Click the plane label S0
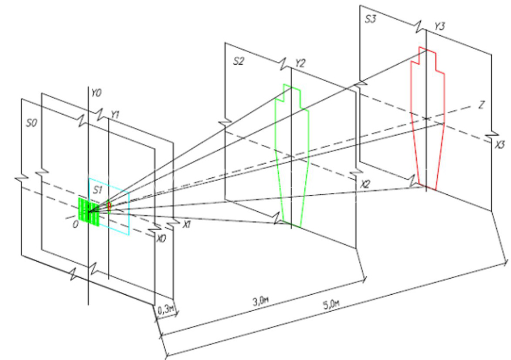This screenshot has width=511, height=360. (32, 123)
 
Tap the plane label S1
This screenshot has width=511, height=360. (98, 190)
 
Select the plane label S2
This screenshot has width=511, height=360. (238, 61)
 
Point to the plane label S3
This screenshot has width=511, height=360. (371, 19)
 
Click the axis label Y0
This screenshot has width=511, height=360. (96, 94)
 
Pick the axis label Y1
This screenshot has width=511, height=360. (115, 114)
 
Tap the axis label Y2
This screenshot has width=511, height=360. (300, 63)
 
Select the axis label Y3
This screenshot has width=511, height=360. (439, 27)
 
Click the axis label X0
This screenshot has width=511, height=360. (161, 239)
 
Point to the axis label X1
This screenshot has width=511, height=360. (186, 224)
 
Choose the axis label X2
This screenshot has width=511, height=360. (365, 185)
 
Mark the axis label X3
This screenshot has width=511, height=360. (500, 145)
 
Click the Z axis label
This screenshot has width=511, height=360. (481, 105)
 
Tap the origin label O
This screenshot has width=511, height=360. (76, 225)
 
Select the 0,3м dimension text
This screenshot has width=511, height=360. (165, 309)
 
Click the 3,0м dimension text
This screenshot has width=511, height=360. (261, 302)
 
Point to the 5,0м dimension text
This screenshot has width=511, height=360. (331, 305)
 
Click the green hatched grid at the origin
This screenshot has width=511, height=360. (89, 211)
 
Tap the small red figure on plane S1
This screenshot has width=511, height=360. (110, 207)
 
